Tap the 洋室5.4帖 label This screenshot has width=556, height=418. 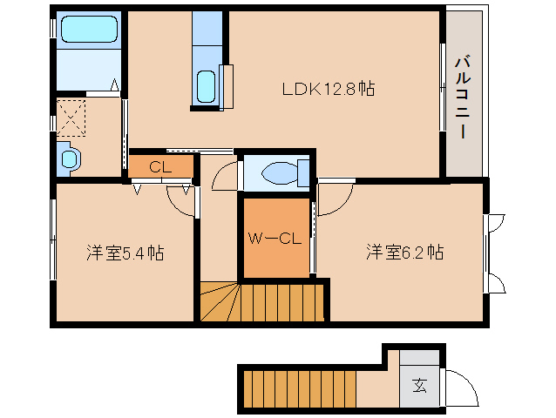point(125,253)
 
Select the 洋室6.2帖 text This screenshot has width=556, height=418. point(404,253)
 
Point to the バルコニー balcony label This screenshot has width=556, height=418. point(462,98)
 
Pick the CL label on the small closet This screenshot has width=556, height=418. point(159,166)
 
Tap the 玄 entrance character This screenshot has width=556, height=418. point(420,383)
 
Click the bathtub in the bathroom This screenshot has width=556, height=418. point(85,31)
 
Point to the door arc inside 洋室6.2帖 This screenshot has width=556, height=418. point(335,199)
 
